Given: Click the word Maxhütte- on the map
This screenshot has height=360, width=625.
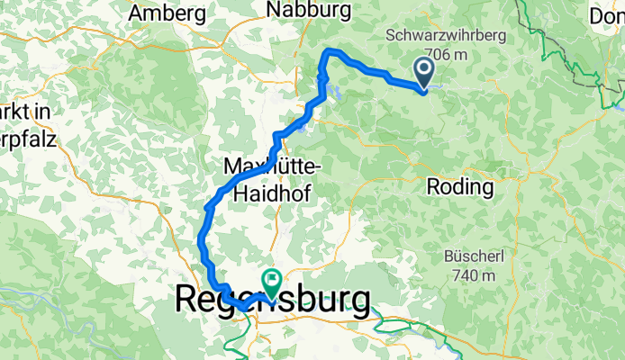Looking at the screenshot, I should (x=268, y=166).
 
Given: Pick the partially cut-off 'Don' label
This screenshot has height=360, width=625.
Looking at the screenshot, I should (x=607, y=15).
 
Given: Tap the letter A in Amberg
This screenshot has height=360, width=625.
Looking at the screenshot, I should (x=137, y=13).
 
